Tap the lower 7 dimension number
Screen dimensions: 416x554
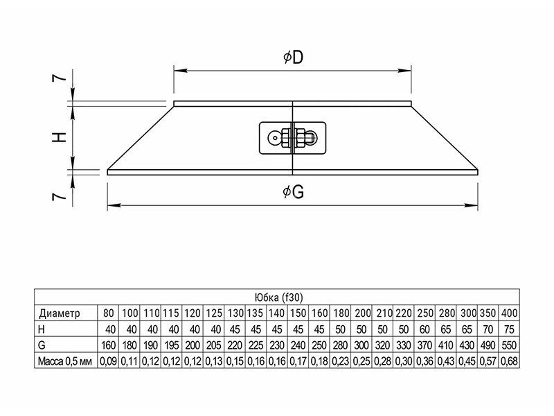61,197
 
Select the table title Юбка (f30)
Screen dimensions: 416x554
277,297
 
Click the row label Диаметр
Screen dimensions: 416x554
60,313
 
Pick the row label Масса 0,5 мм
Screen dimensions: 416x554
65,361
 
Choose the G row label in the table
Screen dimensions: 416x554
42,345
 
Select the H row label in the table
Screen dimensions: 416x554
42,329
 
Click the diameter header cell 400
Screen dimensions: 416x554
508,313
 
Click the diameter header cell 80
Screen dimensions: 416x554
108,313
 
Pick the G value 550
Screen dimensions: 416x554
508,345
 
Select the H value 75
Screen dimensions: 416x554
510,329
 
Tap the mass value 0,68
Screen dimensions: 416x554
508,361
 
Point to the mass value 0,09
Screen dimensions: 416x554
108,361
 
